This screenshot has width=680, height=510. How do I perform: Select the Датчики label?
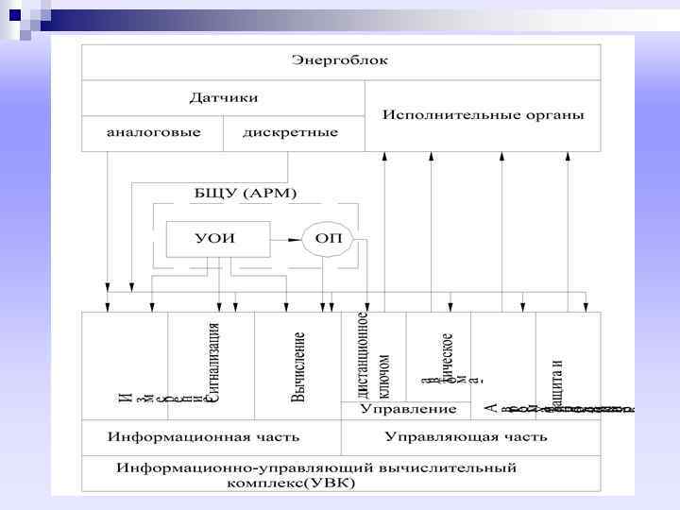coord(224,97)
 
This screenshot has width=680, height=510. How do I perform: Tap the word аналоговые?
coord(153,132)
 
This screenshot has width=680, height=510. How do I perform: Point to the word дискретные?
coord(290,132)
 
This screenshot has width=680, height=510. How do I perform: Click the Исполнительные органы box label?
coord(483,114)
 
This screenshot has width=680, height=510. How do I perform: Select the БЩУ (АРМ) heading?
coord(245,194)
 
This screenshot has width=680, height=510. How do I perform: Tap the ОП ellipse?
coord(327,238)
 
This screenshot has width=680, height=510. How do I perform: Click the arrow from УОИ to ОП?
coord(285,238)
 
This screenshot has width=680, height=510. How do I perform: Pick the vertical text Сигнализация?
coord(213,364)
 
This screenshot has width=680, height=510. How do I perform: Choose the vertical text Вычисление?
coord(299,366)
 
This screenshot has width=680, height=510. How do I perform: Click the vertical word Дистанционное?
coord(364,350)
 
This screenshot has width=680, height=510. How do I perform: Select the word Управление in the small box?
coord(407,410)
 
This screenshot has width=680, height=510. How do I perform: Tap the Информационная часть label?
coord(203,437)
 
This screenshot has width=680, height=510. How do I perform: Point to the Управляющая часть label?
coord(467,437)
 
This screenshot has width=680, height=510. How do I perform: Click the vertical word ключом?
coord(383,376)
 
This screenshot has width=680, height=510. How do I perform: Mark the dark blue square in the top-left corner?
coord(14,14)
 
